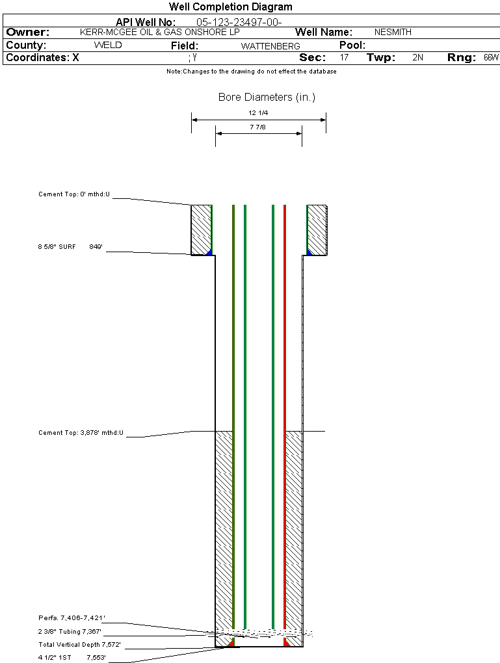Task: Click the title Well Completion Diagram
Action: pyautogui.click(x=231, y=6)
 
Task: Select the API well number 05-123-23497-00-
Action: pyautogui.click(x=239, y=22)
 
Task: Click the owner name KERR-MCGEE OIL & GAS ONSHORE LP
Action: pyautogui.click(x=160, y=32)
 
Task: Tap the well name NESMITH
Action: pyautogui.click(x=393, y=32)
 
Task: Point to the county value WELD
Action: pyautogui.click(x=108, y=45)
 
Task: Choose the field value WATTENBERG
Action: pyautogui.click(x=270, y=46)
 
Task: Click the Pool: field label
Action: pyautogui.click(x=352, y=45)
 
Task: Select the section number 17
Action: pyautogui.click(x=345, y=57)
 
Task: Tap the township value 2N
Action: pyautogui.click(x=417, y=57)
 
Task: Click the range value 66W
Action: pyautogui.click(x=491, y=57)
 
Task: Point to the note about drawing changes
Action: pyautogui.click(x=251, y=71)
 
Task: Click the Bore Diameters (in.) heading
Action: pyautogui.click(x=267, y=97)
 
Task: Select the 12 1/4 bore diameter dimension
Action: pyautogui.click(x=258, y=113)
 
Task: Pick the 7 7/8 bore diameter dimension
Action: pyautogui.click(x=257, y=127)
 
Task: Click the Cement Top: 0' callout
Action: pyautogui.click(x=74, y=194)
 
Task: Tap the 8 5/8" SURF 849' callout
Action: pyautogui.click(x=70, y=246)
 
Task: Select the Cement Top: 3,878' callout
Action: pyautogui.click(x=81, y=432)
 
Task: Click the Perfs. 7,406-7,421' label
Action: pyautogui.click(x=72, y=617)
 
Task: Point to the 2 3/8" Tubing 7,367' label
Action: pyautogui.click(x=70, y=631)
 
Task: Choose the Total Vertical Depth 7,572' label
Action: pyautogui.click(x=79, y=644)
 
